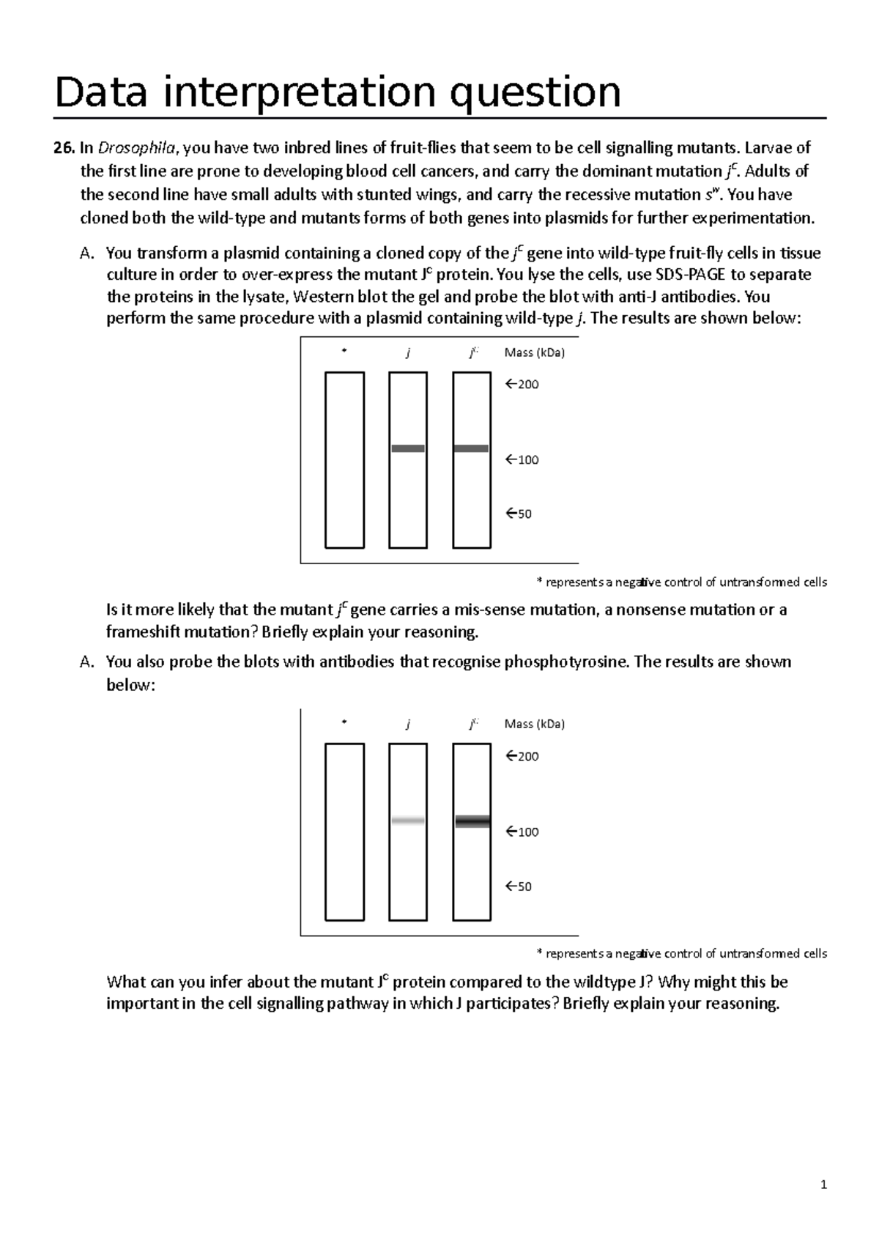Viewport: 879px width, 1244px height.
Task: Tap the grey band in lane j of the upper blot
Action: (408, 448)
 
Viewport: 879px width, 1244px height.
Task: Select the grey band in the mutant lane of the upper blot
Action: (471, 448)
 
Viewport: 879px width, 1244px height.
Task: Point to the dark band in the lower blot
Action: (472, 821)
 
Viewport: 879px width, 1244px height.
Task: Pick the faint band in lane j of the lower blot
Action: (408, 821)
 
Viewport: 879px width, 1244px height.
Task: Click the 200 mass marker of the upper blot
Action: (522, 385)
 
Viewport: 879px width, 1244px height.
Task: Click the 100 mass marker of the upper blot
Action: (522, 460)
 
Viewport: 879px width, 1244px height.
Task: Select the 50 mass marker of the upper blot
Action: (519, 514)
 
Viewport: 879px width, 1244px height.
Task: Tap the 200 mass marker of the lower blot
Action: (522, 757)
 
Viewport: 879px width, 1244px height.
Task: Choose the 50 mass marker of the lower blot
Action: (519, 886)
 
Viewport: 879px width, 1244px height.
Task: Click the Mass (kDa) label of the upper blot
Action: (535, 353)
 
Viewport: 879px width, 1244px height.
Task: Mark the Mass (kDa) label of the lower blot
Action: (535, 725)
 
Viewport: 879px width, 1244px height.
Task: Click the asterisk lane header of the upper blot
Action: (344, 352)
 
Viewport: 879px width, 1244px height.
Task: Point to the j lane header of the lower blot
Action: (408, 725)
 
